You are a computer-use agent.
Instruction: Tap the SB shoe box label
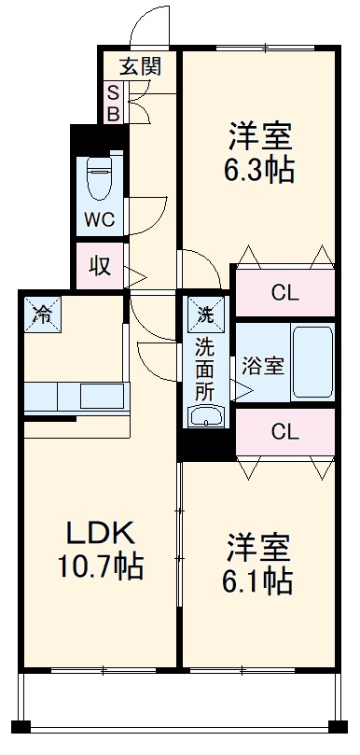[x=112, y=103]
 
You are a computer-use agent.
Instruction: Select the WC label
[x=99, y=220]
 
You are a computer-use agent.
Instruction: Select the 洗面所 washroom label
[x=205, y=369]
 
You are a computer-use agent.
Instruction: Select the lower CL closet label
[x=284, y=431]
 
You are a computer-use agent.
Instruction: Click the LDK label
[x=100, y=535]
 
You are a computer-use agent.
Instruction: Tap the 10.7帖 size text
[x=100, y=566]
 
